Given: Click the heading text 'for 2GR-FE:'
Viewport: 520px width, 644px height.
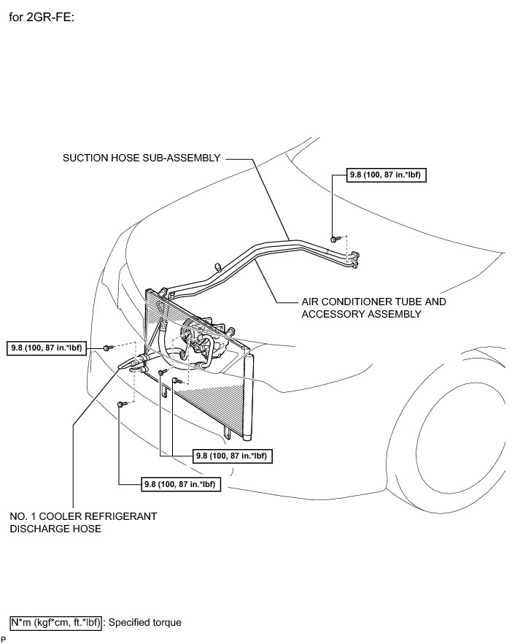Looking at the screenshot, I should click(42, 17).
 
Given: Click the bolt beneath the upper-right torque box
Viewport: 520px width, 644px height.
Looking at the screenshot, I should click(333, 238).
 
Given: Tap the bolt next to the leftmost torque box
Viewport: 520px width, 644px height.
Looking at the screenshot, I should click(107, 347).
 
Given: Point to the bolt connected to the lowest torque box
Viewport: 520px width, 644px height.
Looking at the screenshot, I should click(120, 403).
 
